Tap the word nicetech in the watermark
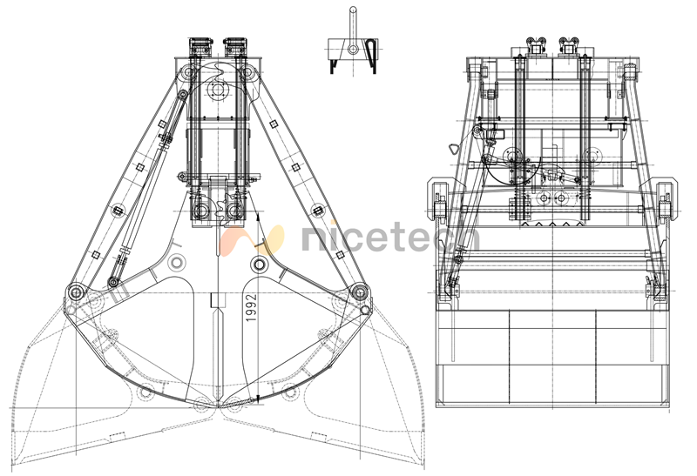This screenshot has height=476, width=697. click(391, 236)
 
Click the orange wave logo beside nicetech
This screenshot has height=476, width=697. click(252, 240)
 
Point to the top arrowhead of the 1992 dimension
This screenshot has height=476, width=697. click(258, 218)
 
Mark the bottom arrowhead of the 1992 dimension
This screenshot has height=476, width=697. click(258, 400)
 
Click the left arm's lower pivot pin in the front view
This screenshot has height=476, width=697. click(76, 292)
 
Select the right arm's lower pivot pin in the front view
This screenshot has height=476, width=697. click(358, 292)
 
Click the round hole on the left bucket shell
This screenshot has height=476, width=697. click(178, 262)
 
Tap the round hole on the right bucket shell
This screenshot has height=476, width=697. click(259, 265)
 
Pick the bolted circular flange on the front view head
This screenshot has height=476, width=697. click(218, 91)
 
